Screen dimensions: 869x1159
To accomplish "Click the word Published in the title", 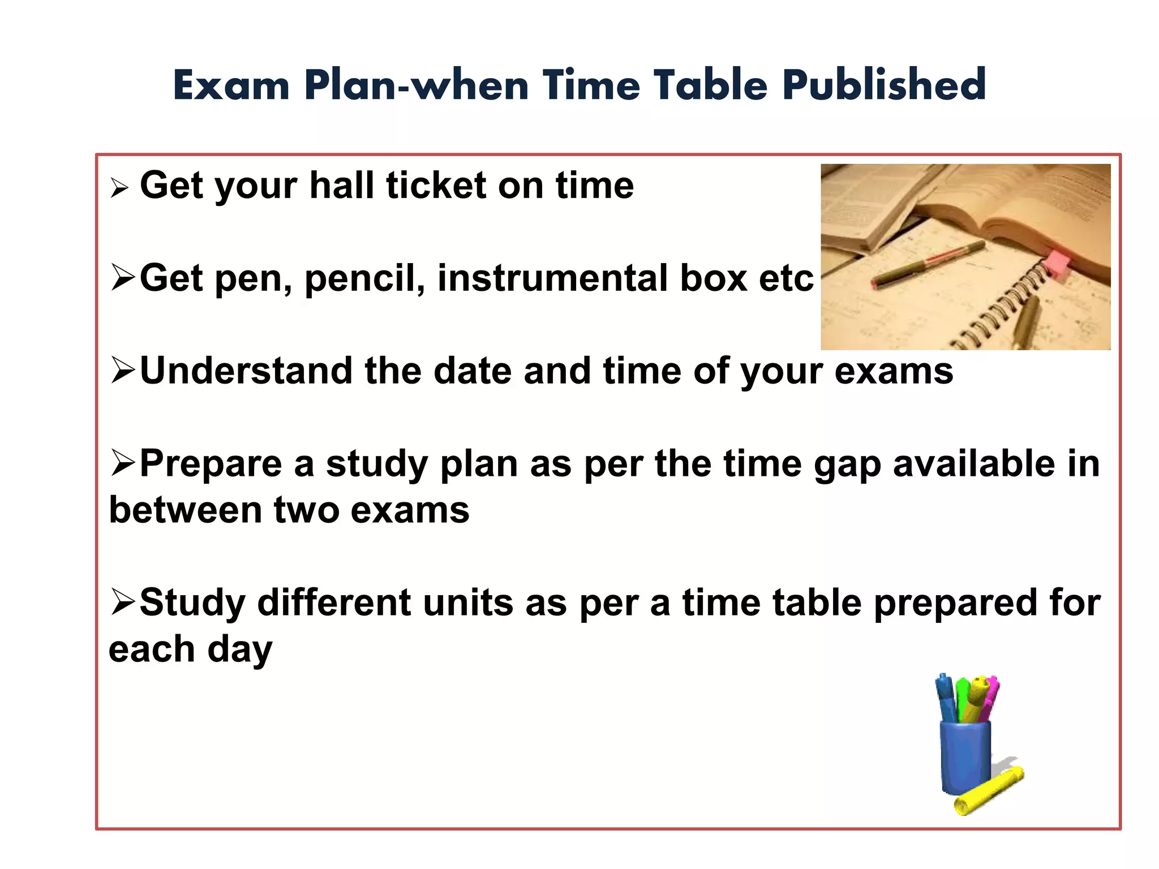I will coord(884,85).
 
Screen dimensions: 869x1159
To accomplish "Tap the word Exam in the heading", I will coord(231,85).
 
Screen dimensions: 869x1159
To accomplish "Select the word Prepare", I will coord(211,464).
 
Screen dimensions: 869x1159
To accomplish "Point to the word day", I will coord(240,649).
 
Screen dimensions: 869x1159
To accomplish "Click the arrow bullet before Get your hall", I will coord(119,187).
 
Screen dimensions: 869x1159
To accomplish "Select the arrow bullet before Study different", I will coord(122,601).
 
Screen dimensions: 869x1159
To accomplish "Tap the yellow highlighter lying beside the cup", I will coord(989,790).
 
